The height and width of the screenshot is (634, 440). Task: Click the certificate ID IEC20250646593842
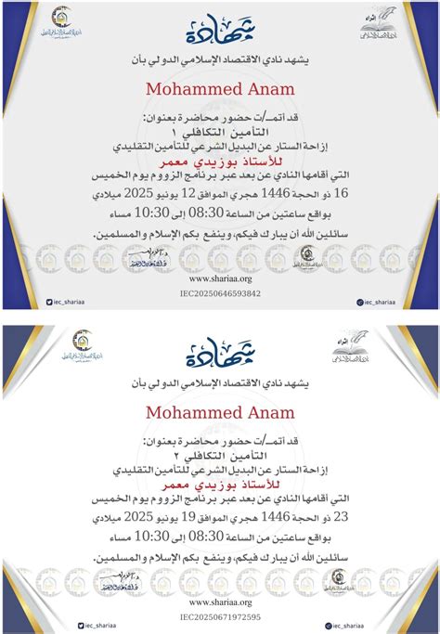[220, 293]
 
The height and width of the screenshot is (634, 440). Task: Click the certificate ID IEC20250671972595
[220, 616]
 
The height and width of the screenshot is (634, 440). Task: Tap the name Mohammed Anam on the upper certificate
[220, 88]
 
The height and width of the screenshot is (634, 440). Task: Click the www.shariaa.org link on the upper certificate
[220, 277]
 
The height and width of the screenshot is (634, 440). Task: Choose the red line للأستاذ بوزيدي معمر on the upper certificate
[220, 161]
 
